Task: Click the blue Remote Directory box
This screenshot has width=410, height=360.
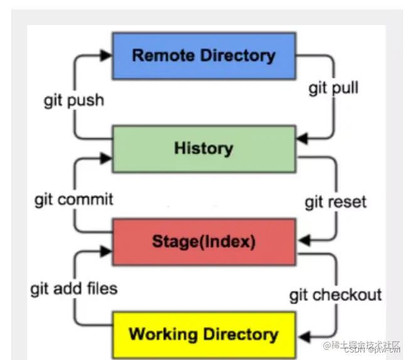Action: coord(203,55)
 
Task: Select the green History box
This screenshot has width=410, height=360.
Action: coord(203,149)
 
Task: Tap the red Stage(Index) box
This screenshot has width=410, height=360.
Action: coord(203,241)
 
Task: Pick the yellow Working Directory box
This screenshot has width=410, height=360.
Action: coord(203,334)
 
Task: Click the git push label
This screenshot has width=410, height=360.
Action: coord(73,100)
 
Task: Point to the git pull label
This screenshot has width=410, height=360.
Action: coord(333,88)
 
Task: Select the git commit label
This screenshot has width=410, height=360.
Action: coord(73,199)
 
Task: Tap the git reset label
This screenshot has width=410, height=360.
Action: coord(335,203)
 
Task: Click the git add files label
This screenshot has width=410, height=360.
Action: coord(73,289)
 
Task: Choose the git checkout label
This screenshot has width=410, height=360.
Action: coord(335,294)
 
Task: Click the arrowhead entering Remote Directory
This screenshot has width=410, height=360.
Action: coord(106,55)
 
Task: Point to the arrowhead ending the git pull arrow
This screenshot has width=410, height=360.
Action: coord(302,138)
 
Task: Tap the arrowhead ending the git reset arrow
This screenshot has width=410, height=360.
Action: coord(302,240)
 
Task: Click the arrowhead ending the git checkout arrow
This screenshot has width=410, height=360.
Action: coord(302,334)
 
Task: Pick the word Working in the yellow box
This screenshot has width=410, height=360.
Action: coord(161,334)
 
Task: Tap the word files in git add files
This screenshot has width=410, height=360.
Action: coord(102,289)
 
